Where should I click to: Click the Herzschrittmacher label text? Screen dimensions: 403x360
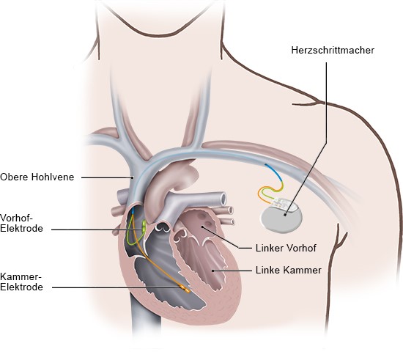click(333, 50)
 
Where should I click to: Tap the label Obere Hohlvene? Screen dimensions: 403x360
click(37, 177)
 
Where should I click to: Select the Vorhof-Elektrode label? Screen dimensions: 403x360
click(21, 223)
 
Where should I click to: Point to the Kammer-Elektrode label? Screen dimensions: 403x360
click(21, 282)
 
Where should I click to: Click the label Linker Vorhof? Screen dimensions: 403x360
click(286, 248)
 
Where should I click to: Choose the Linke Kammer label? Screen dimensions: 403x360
click(289, 271)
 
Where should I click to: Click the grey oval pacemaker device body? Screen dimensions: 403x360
click(281, 219)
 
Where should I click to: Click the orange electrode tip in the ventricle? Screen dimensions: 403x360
click(185, 289)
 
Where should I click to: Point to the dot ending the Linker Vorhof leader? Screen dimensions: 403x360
click(202, 227)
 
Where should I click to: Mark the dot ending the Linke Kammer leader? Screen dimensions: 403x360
click(212, 271)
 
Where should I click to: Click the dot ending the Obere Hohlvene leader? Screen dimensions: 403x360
click(133, 177)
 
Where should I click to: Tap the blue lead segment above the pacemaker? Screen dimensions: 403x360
click(275, 171)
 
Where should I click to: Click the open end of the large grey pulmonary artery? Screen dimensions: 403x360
click(223, 199)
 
